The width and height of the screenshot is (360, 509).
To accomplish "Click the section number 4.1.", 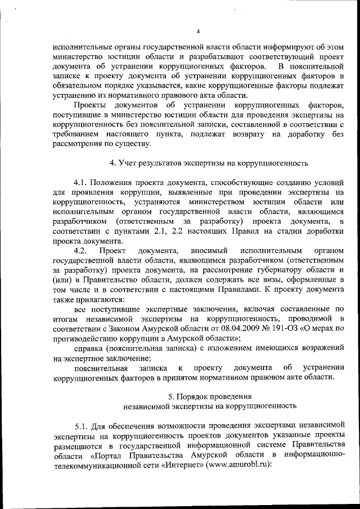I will (x=83, y=184).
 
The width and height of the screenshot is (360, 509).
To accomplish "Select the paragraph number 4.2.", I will (x=83, y=265).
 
